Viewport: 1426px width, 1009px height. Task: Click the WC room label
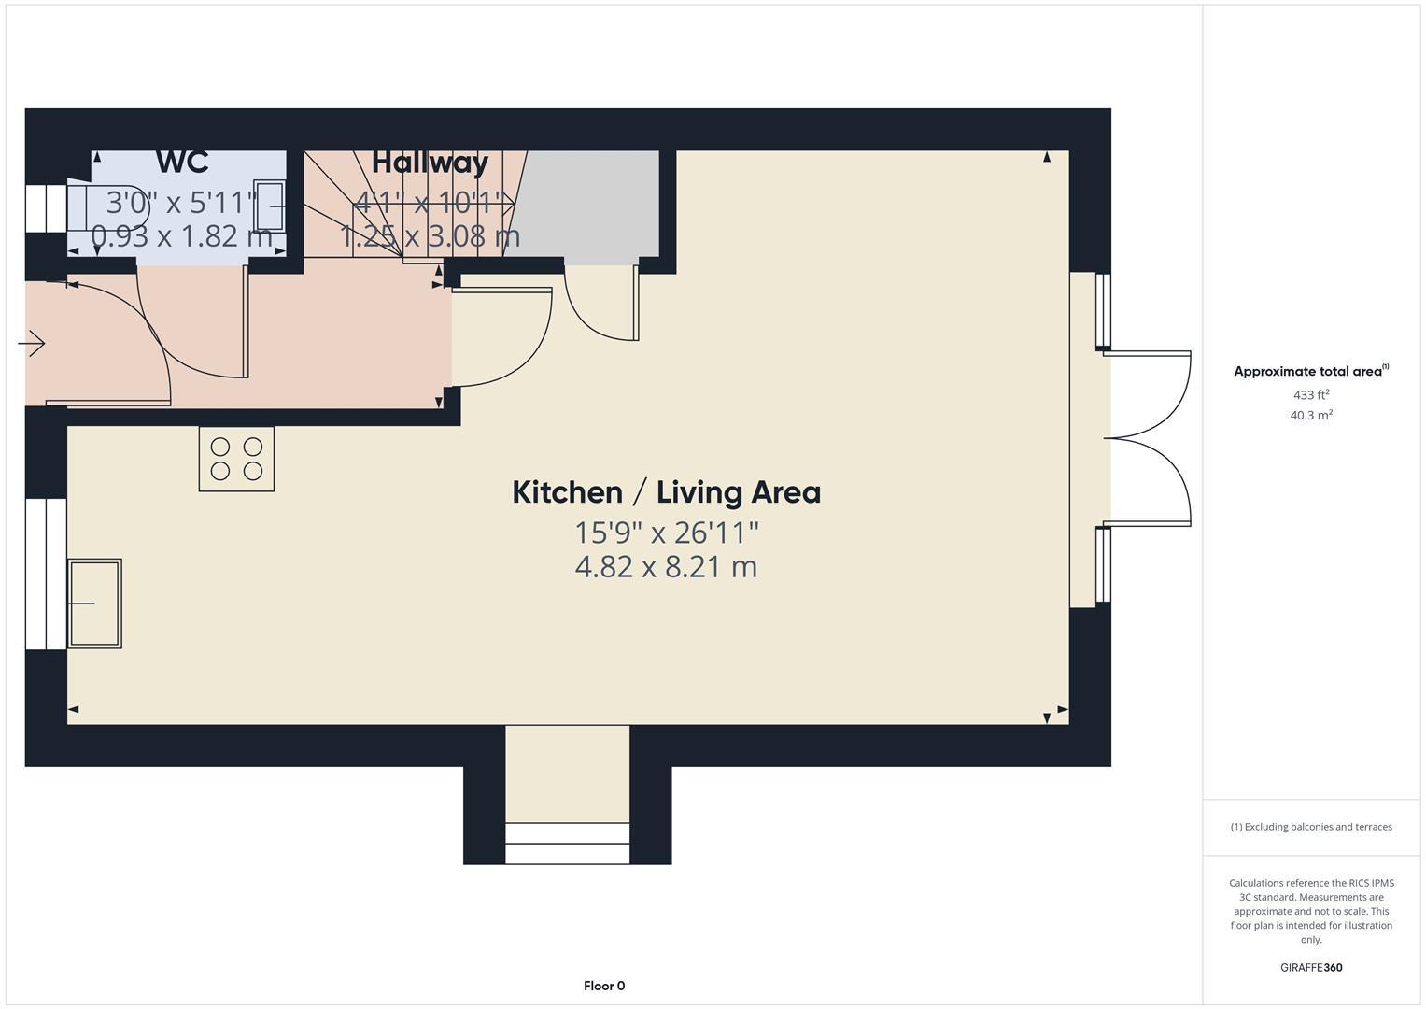pos(182,162)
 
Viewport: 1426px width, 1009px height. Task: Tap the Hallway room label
pos(430,163)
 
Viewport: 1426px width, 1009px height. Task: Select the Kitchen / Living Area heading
pos(666,492)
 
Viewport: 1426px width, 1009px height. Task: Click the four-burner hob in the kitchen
pos(236,459)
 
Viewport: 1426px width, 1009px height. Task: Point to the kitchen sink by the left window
pos(94,604)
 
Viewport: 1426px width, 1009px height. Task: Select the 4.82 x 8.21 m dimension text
pos(666,567)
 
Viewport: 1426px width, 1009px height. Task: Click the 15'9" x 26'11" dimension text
pos(666,533)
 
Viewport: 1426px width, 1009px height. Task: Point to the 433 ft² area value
pos(1311,395)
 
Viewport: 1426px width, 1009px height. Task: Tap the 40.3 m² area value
pos(1311,416)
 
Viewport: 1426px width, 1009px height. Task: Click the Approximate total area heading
pos(1310,371)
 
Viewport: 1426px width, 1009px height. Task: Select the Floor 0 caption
pos(604,986)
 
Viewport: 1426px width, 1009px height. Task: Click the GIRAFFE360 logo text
pos(1311,967)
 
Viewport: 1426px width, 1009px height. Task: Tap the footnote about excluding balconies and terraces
pos(1311,827)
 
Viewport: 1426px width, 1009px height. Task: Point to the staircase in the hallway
pos(411,210)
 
